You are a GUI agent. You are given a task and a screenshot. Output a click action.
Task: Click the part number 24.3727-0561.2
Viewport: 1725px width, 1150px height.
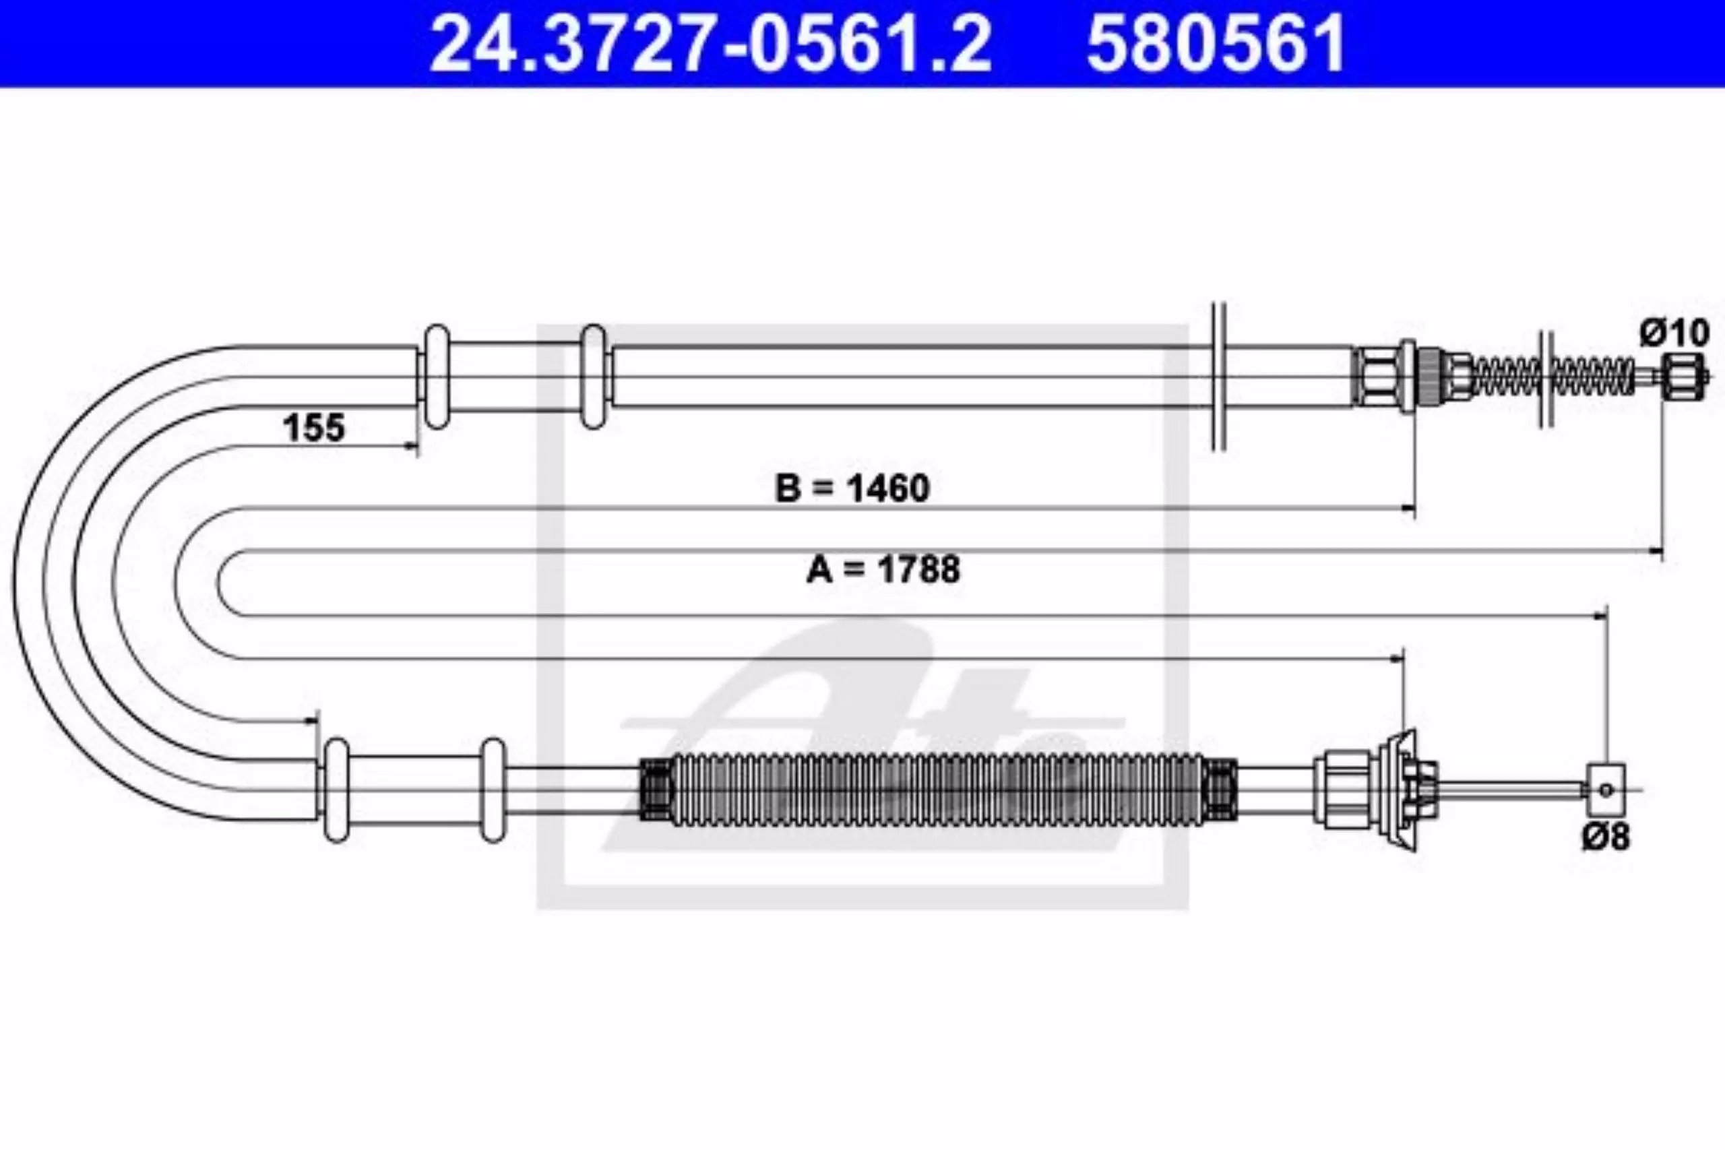coord(711,44)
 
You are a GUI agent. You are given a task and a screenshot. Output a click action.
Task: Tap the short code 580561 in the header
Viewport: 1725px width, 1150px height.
coord(1216,44)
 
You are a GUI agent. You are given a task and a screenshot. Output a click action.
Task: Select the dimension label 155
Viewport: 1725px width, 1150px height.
coord(314,428)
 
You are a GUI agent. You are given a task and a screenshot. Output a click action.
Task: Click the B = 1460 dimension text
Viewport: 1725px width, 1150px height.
coord(852,488)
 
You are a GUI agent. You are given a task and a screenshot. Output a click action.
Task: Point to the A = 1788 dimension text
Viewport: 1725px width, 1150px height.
coord(883,569)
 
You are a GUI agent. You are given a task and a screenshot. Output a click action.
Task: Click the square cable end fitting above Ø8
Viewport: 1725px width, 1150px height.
coord(1606,790)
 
